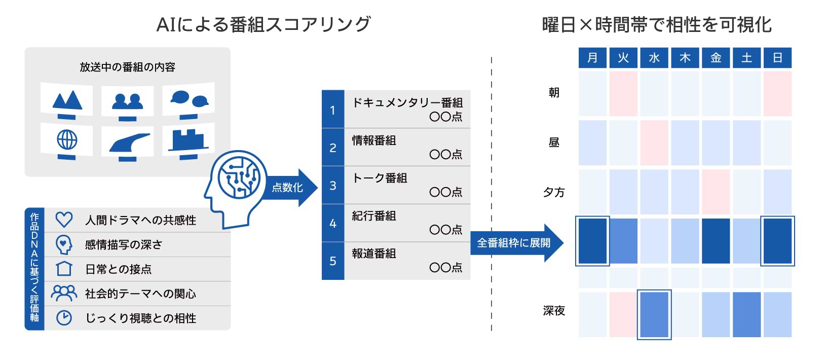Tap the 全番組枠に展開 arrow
pos(517,243)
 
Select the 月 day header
pos(592,58)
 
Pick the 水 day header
pos(654,58)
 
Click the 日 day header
pos(777,58)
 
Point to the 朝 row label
pos(554,92)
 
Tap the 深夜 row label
pos(554,311)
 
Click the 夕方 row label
pos(554,192)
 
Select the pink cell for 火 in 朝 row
pos(623,94)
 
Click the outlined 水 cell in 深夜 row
pos(654,315)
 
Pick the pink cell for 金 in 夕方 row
pos(716,192)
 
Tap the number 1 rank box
pos(333,109)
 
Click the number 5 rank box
pos(333,261)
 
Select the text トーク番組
pos(380,178)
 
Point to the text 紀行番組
pos(374,216)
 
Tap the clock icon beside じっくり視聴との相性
pos(64,317)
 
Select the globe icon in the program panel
pos(67,140)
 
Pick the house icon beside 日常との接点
pos(64,269)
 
